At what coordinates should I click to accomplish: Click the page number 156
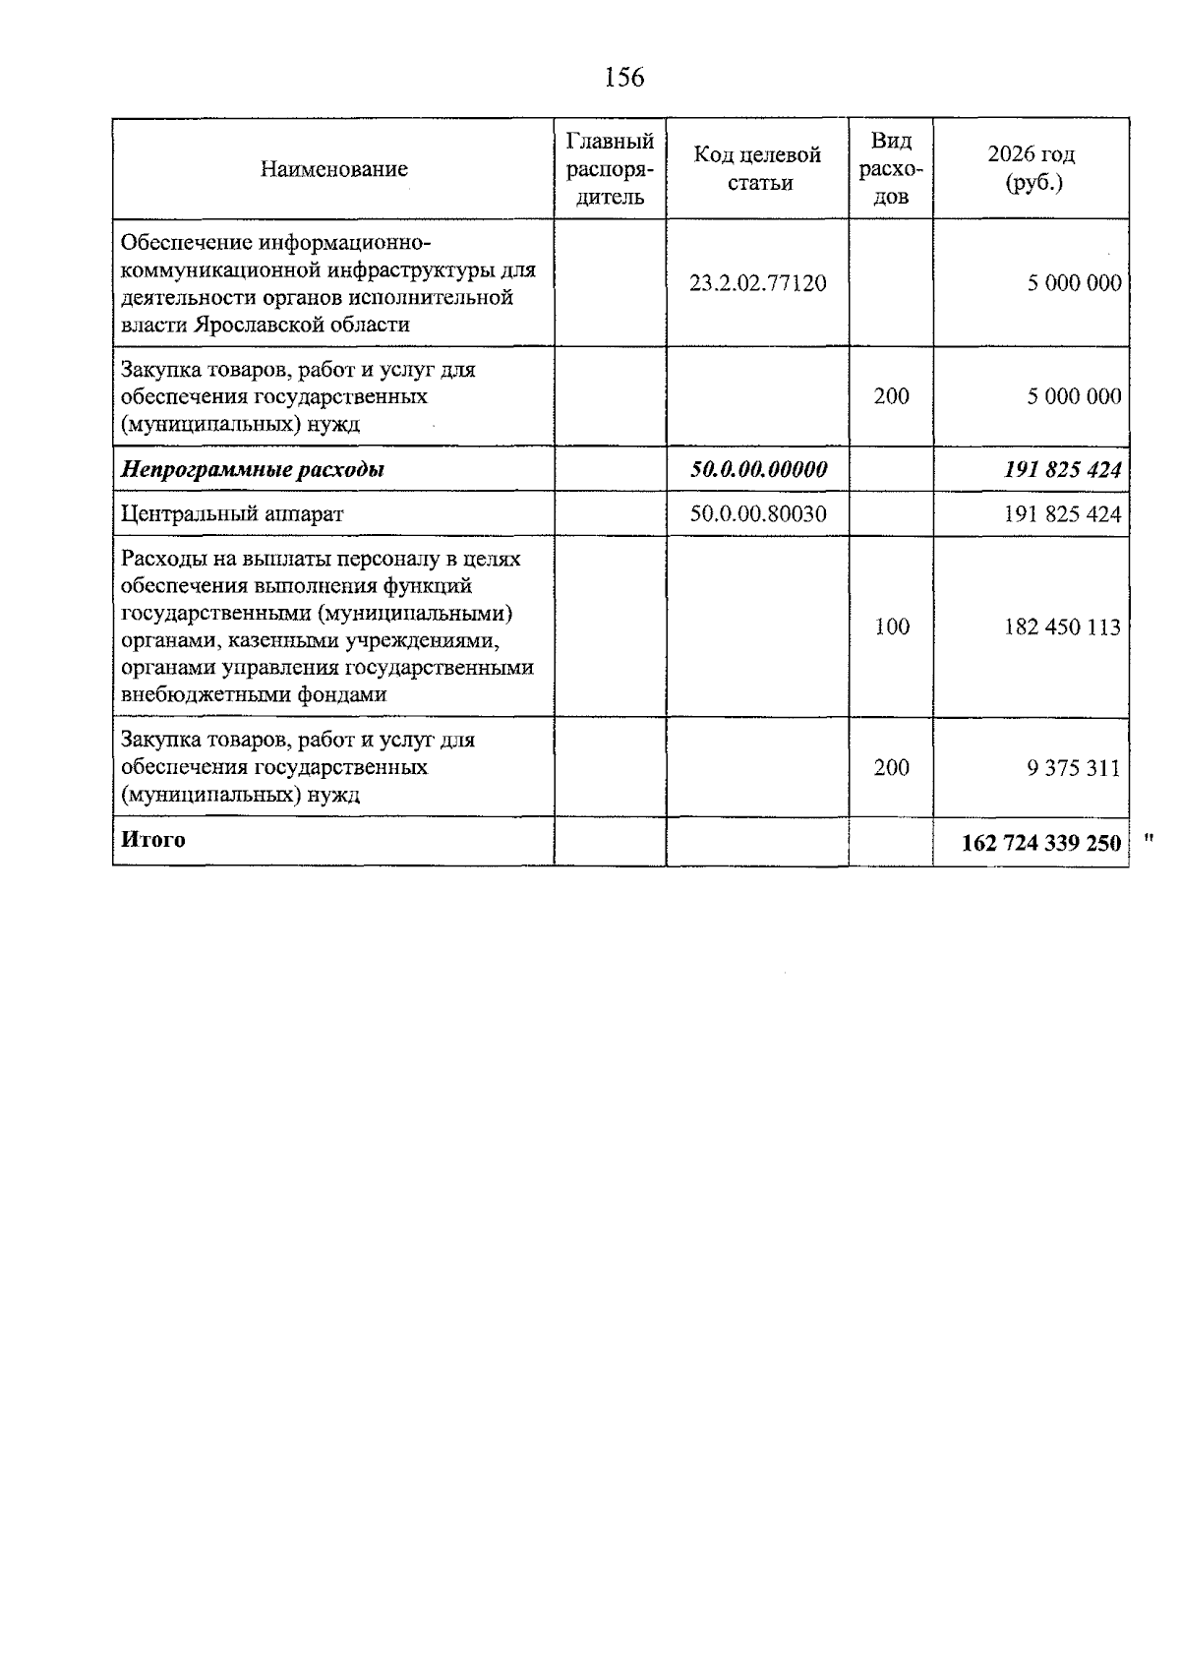(x=624, y=77)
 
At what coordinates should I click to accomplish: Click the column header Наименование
(x=333, y=169)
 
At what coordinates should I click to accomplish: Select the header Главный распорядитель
(x=610, y=169)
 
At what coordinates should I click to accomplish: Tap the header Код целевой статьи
(x=757, y=169)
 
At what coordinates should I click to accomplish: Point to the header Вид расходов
(x=891, y=169)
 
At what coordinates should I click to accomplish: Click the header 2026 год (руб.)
(x=1031, y=168)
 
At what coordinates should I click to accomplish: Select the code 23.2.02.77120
(x=757, y=283)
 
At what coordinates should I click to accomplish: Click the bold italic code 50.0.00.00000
(x=757, y=469)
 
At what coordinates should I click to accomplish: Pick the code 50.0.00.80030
(x=757, y=513)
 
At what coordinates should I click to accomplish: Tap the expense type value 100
(x=891, y=626)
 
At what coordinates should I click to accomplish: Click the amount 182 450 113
(x=1062, y=626)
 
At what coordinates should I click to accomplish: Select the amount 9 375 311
(x=1073, y=768)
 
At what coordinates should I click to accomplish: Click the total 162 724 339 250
(x=1040, y=843)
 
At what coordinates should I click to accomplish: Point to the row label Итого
(x=152, y=840)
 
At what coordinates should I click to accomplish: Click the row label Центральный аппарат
(x=232, y=513)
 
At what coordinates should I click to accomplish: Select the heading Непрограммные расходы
(x=252, y=469)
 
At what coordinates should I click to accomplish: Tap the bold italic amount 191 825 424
(x=1062, y=469)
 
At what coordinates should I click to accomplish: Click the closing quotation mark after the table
(x=1148, y=838)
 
